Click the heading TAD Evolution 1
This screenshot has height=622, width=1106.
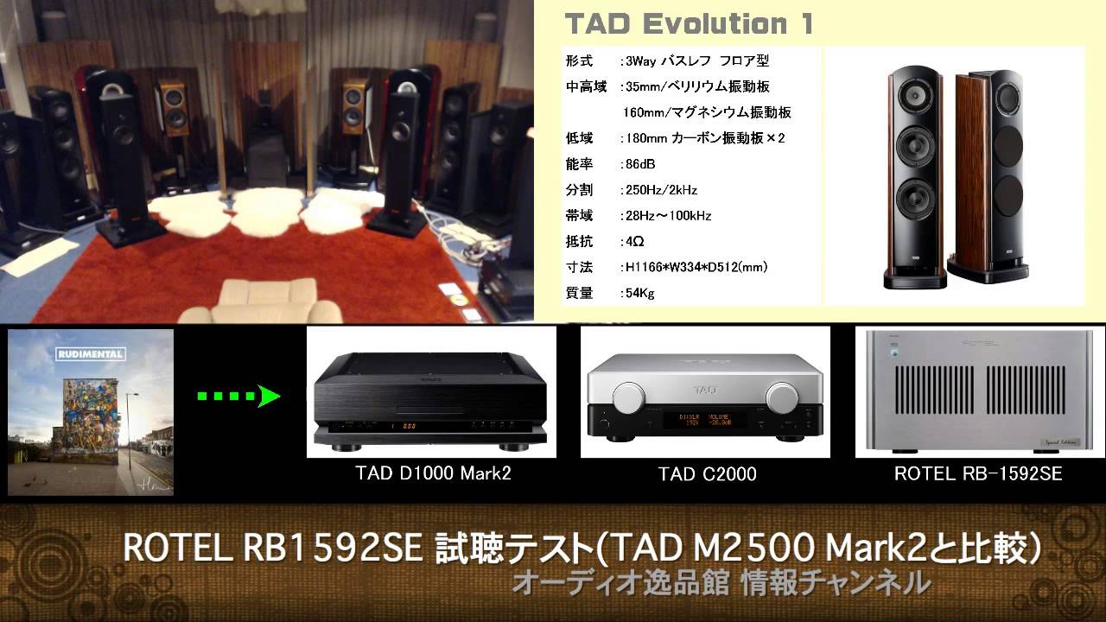689,23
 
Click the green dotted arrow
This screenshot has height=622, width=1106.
238,397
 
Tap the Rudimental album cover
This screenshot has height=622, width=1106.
91,412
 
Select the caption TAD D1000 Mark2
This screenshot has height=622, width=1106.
433,473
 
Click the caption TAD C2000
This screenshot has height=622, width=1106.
707,473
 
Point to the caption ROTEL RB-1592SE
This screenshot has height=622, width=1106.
978,473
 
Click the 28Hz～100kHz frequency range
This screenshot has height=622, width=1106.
670,216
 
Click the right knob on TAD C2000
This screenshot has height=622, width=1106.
782,397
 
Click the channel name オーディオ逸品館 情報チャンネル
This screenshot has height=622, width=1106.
721,583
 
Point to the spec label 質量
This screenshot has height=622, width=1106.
580,293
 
